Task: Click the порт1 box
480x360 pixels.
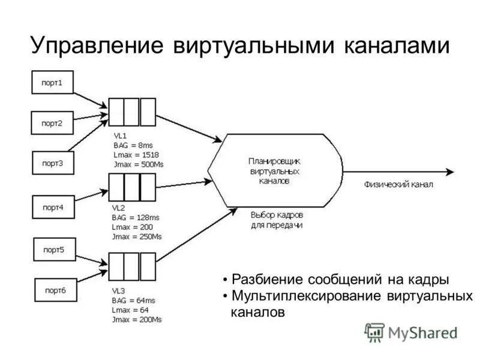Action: (52, 82)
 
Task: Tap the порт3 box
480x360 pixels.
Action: (52, 162)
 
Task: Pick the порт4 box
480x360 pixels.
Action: (52, 207)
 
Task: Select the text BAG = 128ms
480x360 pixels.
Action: (137, 218)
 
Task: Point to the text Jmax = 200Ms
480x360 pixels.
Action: (137, 319)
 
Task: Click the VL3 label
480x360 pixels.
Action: (119, 290)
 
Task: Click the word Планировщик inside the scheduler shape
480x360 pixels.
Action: (274, 161)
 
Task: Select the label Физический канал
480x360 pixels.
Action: (398, 185)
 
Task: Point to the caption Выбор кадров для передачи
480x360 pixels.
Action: (277, 220)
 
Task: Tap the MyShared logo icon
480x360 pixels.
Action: (374, 332)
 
